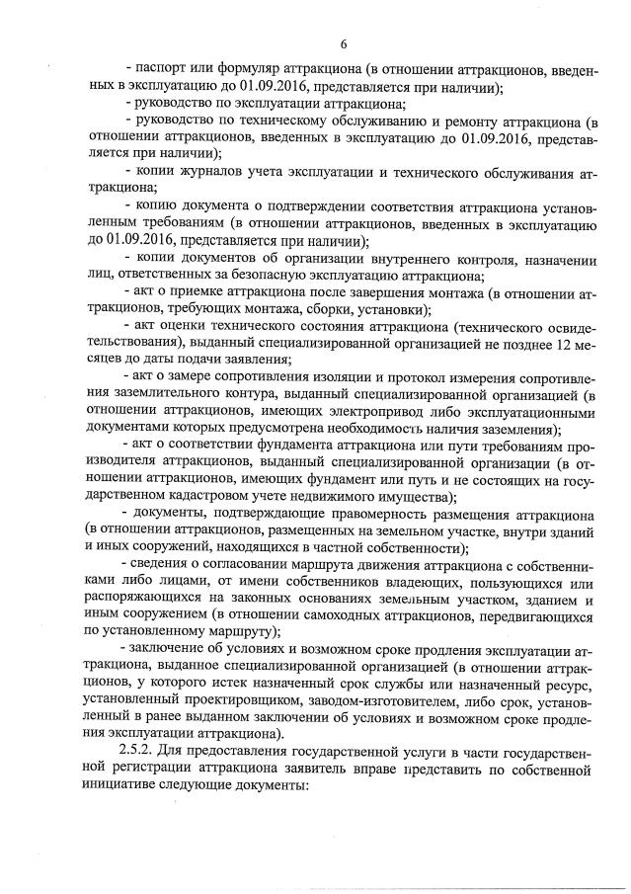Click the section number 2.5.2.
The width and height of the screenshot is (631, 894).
(137, 753)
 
